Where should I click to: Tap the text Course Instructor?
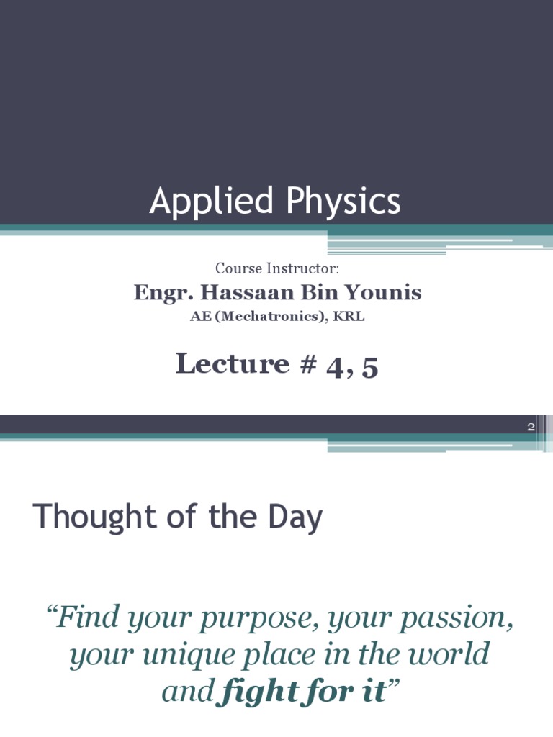point(277,268)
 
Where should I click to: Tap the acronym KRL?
point(350,317)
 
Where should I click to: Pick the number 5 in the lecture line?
point(370,366)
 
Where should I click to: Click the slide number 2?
point(531,427)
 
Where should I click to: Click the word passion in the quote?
point(457,618)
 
